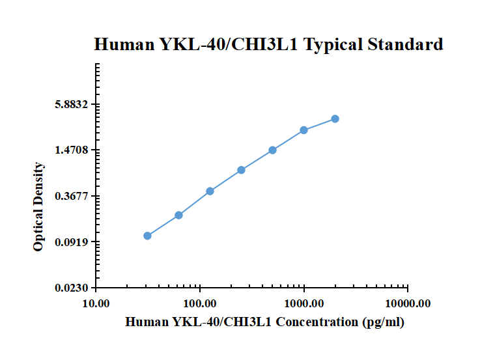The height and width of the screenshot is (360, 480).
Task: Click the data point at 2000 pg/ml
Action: point(335,118)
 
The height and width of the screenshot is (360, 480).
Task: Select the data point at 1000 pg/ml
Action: point(304,130)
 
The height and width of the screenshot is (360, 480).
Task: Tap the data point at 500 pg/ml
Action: point(272,150)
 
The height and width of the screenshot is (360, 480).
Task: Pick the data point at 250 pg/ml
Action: point(241,170)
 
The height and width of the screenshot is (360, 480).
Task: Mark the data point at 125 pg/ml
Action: point(210,191)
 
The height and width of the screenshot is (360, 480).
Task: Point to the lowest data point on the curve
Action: point(147,236)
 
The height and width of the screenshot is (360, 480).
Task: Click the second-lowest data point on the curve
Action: point(178,215)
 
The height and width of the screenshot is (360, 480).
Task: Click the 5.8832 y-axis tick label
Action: point(72,104)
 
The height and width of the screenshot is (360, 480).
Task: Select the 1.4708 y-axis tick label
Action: point(72,150)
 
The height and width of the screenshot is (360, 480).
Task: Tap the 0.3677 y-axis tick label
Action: point(72,196)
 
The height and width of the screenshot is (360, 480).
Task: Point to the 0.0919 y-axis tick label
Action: point(72,242)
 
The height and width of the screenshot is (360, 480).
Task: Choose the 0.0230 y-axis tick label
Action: point(72,288)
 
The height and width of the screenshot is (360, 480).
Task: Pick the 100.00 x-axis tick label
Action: point(200,303)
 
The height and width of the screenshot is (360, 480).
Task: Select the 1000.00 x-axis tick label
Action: point(304,303)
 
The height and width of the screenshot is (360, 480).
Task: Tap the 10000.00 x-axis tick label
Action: point(407,303)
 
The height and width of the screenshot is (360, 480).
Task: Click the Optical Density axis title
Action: point(39,206)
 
